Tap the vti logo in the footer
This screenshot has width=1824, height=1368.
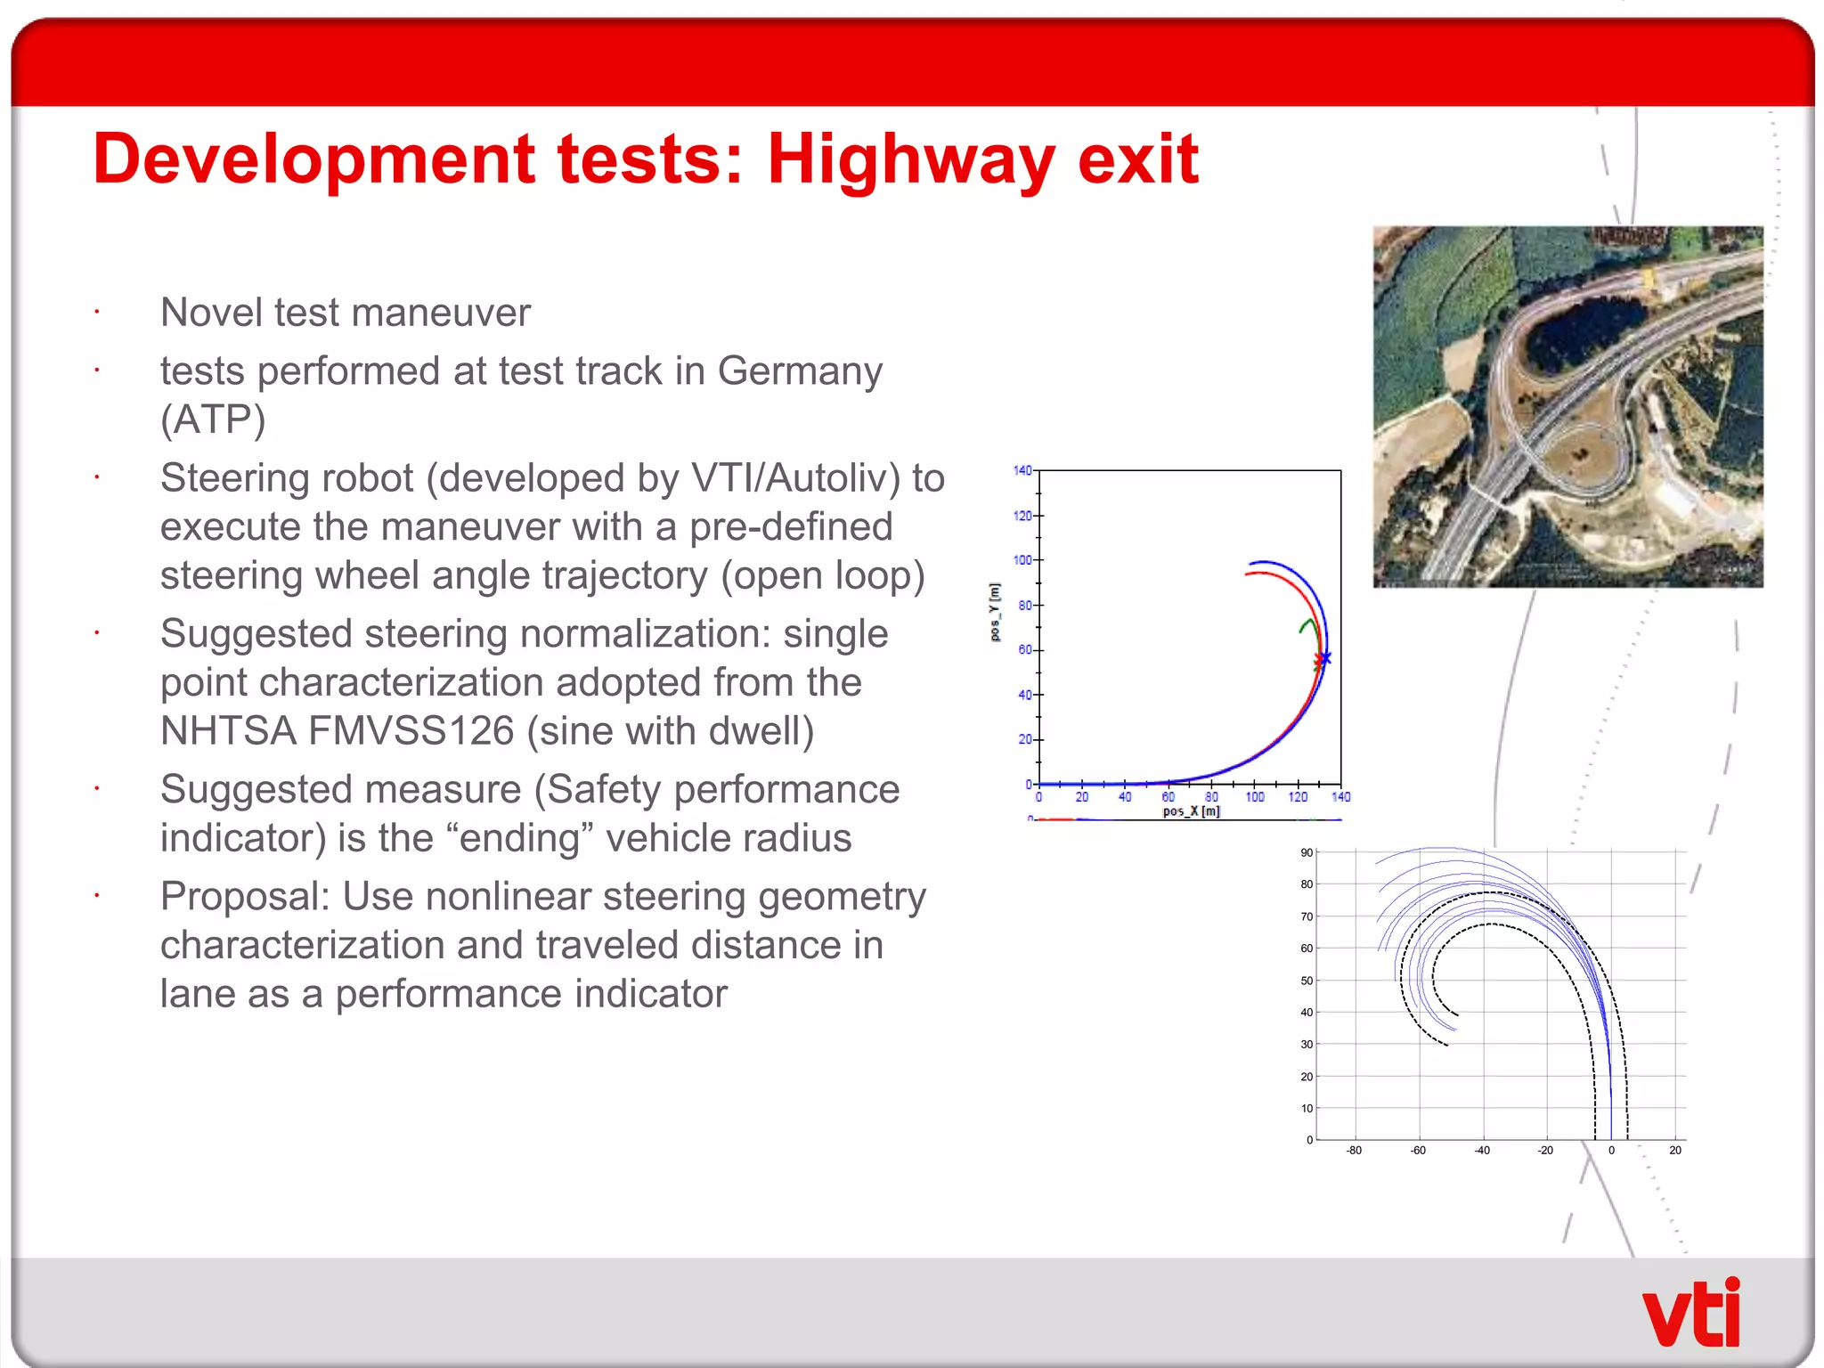tap(1690, 1314)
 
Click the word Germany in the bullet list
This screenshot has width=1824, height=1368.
tap(800, 371)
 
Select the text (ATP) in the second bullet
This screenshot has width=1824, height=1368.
tap(213, 419)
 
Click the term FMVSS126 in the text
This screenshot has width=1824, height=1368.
tap(411, 731)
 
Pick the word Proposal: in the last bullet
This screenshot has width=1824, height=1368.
tap(245, 897)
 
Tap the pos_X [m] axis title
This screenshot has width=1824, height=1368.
tap(1191, 811)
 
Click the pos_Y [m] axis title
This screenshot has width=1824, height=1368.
tap(996, 612)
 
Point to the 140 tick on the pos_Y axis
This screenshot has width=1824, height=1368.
tap(1022, 470)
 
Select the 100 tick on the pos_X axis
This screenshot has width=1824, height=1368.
tap(1254, 797)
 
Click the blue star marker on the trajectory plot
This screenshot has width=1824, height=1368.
tap(1325, 658)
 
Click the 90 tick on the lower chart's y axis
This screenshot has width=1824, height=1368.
tap(1307, 853)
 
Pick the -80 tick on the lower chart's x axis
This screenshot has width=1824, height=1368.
tap(1354, 1151)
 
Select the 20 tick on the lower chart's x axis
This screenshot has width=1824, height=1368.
tap(1675, 1151)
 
